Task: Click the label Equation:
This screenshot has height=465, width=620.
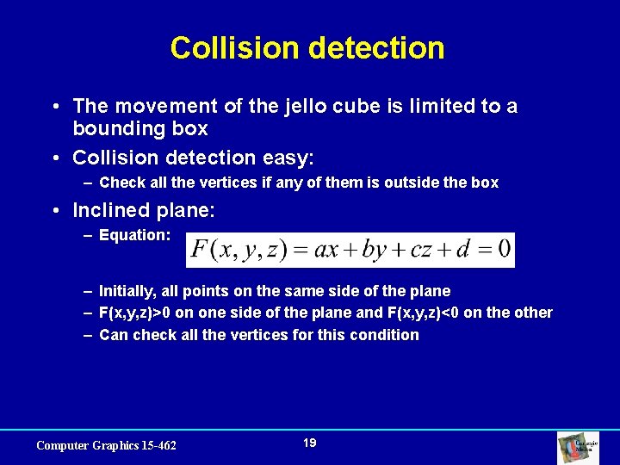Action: click(x=135, y=235)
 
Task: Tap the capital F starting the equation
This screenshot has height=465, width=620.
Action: click(x=201, y=251)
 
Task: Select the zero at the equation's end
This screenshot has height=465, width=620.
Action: click(x=505, y=251)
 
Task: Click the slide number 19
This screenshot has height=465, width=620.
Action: click(x=310, y=443)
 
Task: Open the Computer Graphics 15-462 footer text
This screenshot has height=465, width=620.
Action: click(x=106, y=445)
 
